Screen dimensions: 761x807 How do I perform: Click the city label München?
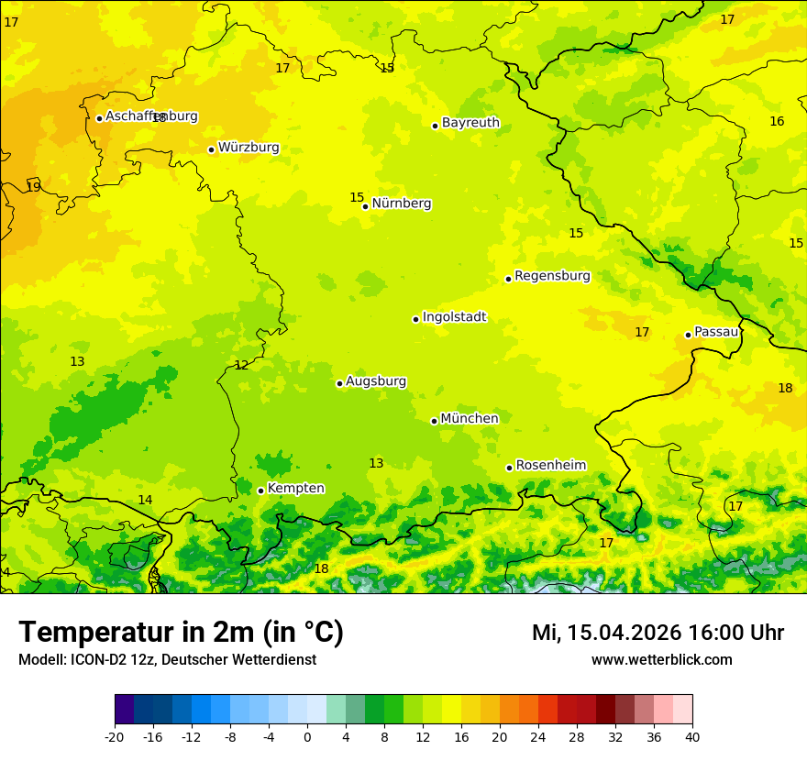[x=469, y=419]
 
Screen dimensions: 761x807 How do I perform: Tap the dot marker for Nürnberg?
[x=365, y=206]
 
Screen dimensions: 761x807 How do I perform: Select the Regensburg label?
[x=552, y=276]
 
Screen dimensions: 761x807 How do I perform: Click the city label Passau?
[x=715, y=332]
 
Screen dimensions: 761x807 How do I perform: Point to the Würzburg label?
[x=248, y=148]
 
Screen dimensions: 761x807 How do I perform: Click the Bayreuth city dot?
[x=435, y=126]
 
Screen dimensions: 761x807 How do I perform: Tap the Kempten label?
[x=295, y=489]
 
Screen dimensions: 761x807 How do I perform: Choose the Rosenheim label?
[x=550, y=466]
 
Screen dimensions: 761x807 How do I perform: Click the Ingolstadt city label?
[x=454, y=317]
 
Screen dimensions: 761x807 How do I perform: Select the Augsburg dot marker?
[x=339, y=383]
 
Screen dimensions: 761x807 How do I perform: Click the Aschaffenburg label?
[x=151, y=116]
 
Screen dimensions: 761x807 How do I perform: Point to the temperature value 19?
[x=33, y=187]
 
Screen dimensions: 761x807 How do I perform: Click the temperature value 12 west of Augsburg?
[x=241, y=365]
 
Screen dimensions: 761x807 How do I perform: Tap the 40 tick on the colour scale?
[x=692, y=736]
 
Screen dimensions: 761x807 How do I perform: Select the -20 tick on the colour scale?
[x=115, y=736]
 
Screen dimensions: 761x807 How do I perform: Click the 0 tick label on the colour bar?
[x=307, y=736]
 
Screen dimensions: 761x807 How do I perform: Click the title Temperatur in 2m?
[x=181, y=633]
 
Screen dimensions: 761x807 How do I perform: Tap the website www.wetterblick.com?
[x=661, y=660]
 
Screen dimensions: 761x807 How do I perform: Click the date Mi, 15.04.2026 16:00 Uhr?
[x=658, y=633]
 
